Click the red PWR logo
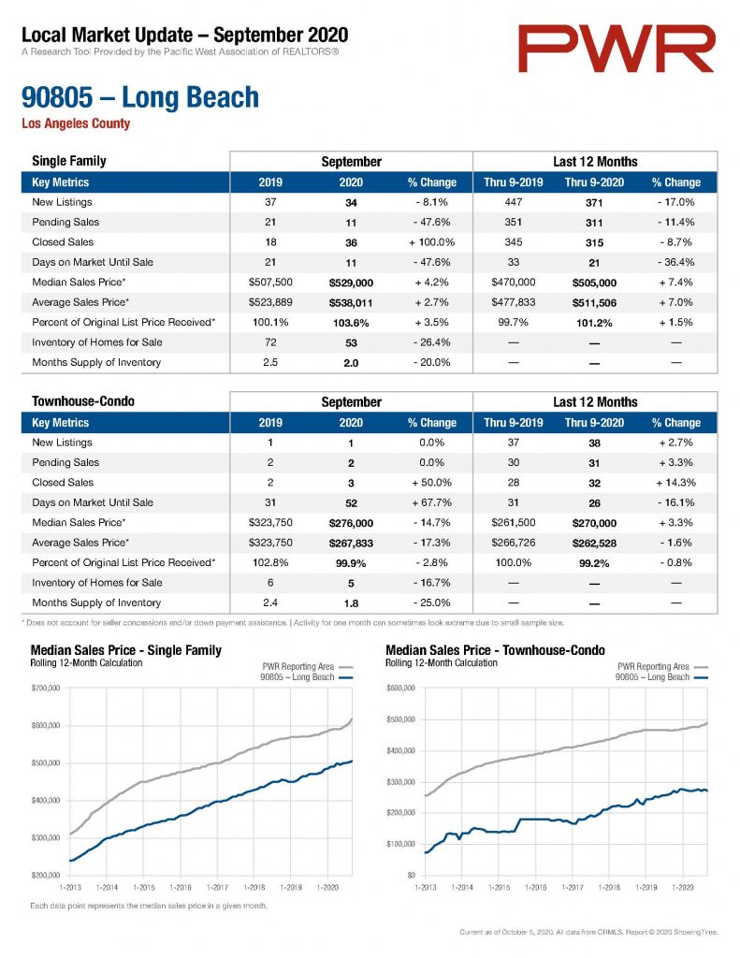pos(616,49)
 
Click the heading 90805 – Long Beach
pos(140,97)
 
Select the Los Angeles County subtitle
pos(76,123)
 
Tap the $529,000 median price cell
pos(351,283)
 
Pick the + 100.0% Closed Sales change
pos(431,242)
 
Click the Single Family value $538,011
pos(351,303)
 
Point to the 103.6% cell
pos(351,323)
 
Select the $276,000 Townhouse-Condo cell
pos(351,523)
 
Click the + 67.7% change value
pos(431,502)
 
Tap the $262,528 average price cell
pos(594,544)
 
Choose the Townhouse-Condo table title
pos(83,401)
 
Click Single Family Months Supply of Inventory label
pos(96,362)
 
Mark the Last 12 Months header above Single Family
pos(595,162)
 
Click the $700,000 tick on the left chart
pos(46,688)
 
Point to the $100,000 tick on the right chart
pos(400,844)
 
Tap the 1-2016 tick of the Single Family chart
pos(181,887)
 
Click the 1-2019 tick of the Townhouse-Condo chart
pos(646,887)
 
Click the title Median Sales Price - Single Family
pos(126,650)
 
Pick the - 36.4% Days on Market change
pos(675,263)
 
